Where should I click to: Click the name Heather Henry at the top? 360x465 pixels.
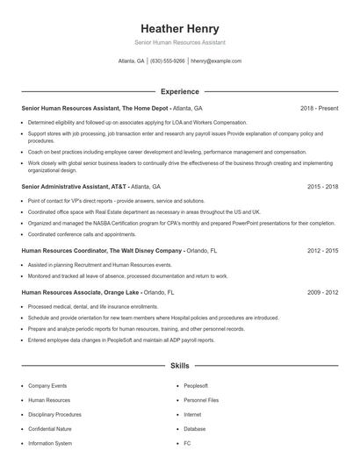point(179,28)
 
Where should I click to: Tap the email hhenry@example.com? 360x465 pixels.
point(216,61)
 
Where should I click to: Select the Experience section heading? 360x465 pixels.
point(179,91)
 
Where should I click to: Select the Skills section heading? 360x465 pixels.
point(179,365)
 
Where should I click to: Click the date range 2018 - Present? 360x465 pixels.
point(319,108)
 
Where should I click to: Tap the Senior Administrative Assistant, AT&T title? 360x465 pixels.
point(75,187)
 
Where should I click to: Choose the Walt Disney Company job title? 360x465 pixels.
point(101,250)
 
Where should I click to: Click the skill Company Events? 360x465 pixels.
point(47,385)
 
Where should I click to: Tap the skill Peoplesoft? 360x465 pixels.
point(196,385)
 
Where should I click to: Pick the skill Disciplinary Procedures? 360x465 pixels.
point(54,414)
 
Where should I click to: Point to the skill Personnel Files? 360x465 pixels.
point(201,400)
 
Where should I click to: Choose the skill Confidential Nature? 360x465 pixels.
point(51,429)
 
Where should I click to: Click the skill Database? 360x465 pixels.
point(195,429)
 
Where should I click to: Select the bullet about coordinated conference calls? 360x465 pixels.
point(69,234)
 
